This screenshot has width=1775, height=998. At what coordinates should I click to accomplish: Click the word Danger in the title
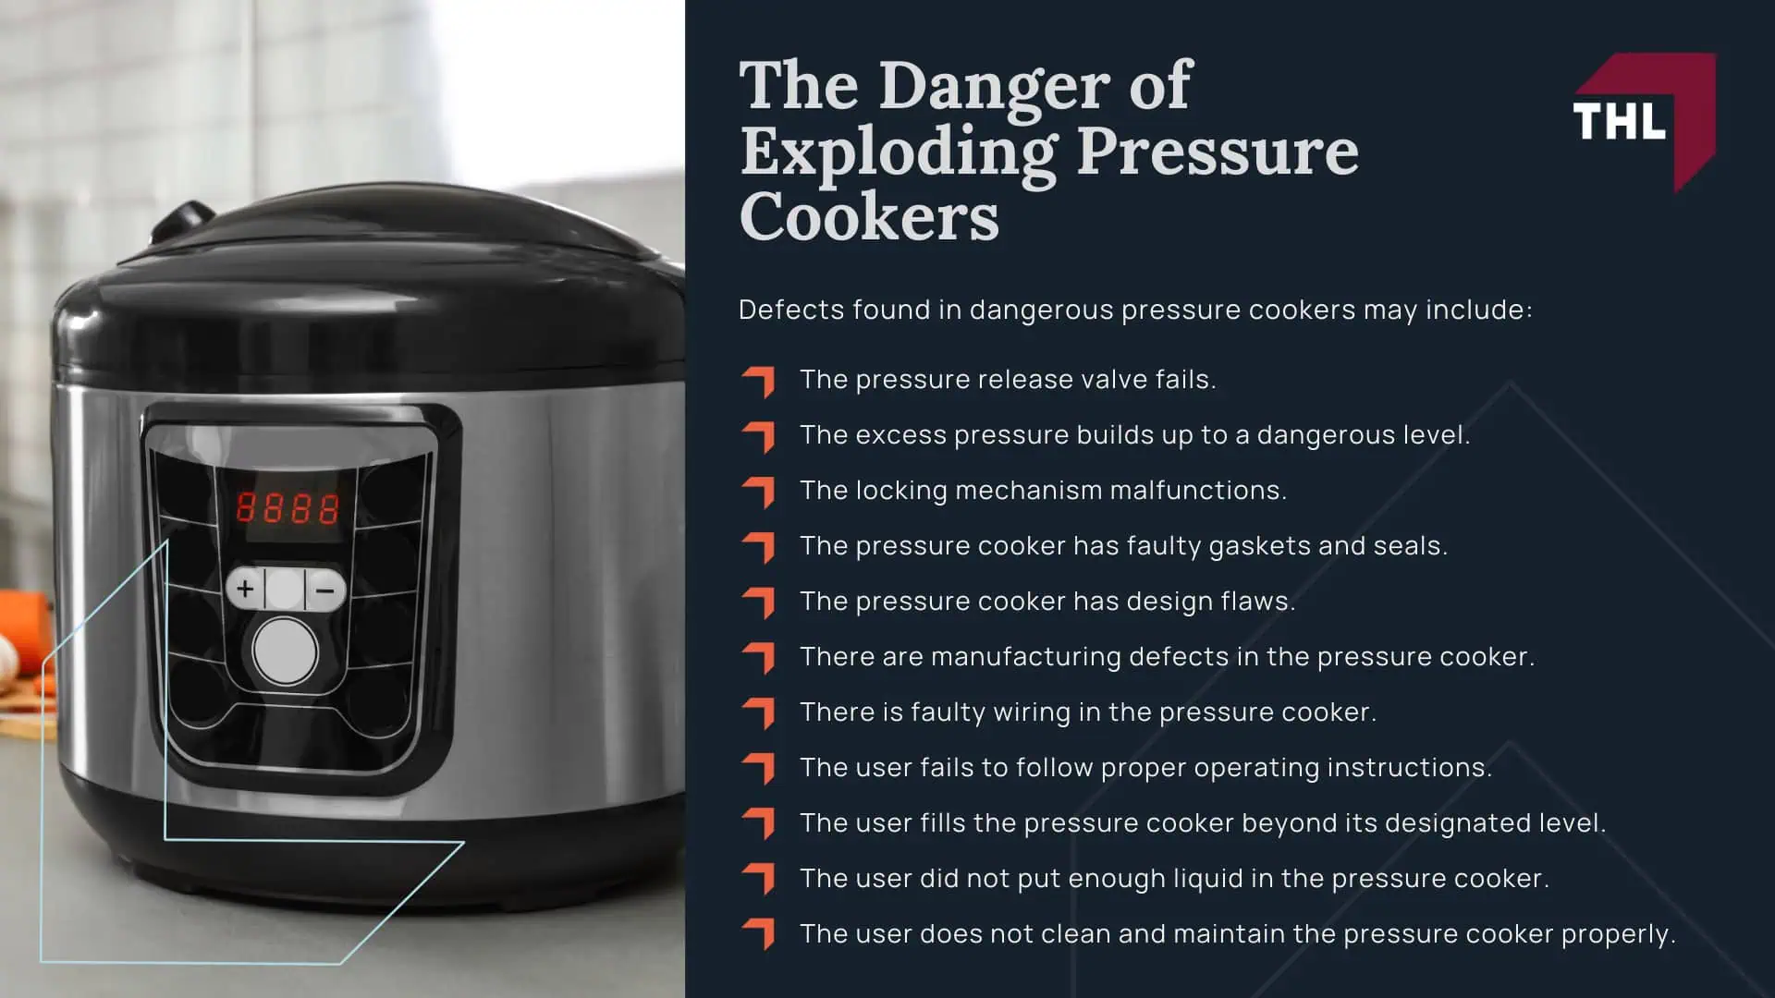(x=995, y=86)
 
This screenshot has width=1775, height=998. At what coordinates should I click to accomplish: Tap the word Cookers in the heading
(x=869, y=217)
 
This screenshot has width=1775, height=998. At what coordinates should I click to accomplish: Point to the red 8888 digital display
(x=288, y=508)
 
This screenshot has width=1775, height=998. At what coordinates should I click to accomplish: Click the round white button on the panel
(x=285, y=651)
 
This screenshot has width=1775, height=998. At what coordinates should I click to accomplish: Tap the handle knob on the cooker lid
(x=186, y=220)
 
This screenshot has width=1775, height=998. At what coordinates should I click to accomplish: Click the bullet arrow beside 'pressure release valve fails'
(x=758, y=380)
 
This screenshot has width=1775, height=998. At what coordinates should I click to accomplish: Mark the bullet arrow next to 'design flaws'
(x=758, y=602)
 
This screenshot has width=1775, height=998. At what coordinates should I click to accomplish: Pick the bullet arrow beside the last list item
(x=758, y=934)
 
